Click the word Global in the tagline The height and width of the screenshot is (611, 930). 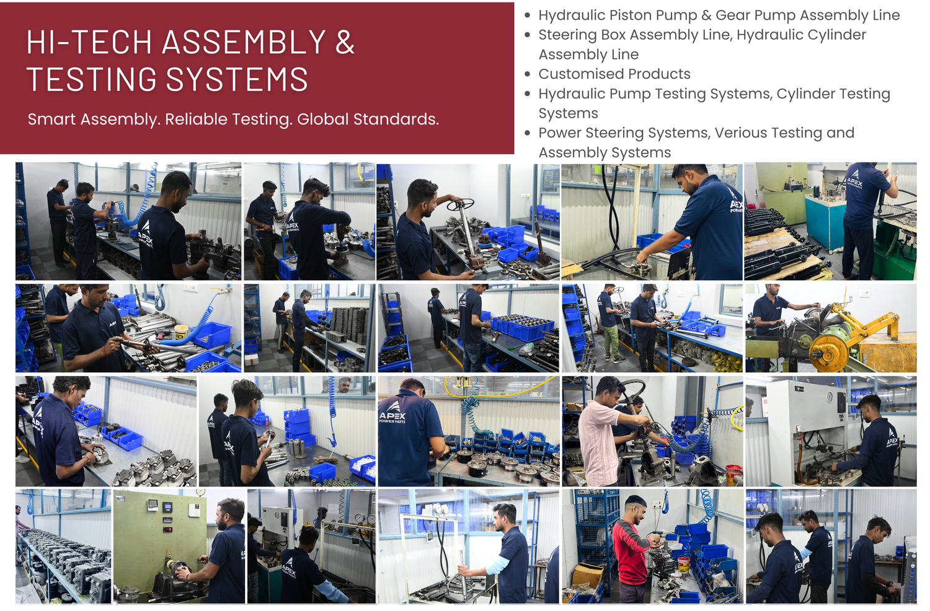323,119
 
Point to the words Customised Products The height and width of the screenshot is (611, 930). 614,74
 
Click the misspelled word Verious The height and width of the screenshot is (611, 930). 746,133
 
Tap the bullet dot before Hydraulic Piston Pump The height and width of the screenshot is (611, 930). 527,15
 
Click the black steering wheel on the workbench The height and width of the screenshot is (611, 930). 459,204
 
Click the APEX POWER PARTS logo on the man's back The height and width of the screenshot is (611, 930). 392,411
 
